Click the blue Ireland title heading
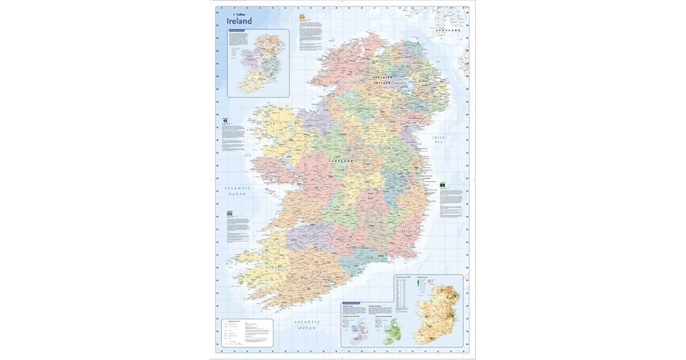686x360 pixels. tap(240, 21)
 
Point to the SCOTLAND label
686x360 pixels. tap(448, 28)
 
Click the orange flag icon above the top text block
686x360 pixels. tap(301, 18)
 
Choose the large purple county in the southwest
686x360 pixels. tap(306, 234)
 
